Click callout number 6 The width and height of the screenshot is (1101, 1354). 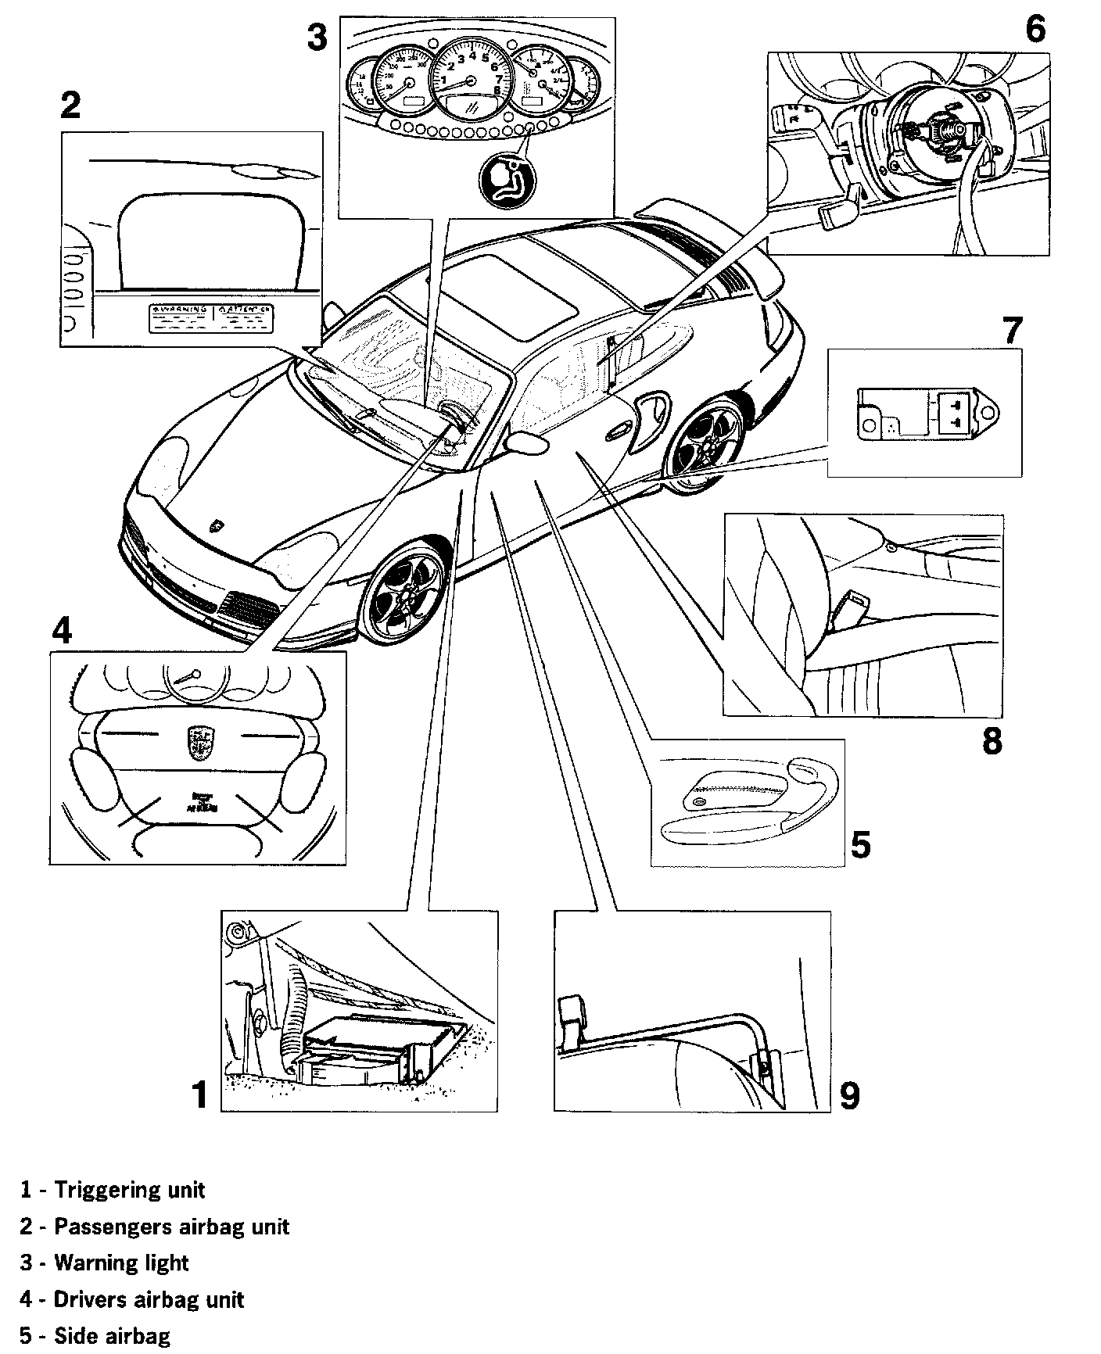(1034, 30)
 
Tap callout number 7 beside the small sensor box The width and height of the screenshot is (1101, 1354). (1012, 330)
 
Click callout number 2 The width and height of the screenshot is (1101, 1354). (70, 105)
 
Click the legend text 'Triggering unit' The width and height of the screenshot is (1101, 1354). (129, 1190)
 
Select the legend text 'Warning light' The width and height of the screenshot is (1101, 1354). (121, 1263)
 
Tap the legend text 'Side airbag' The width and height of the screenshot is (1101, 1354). (112, 1336)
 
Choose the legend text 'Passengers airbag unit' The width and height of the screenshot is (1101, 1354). (171, 1227)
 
